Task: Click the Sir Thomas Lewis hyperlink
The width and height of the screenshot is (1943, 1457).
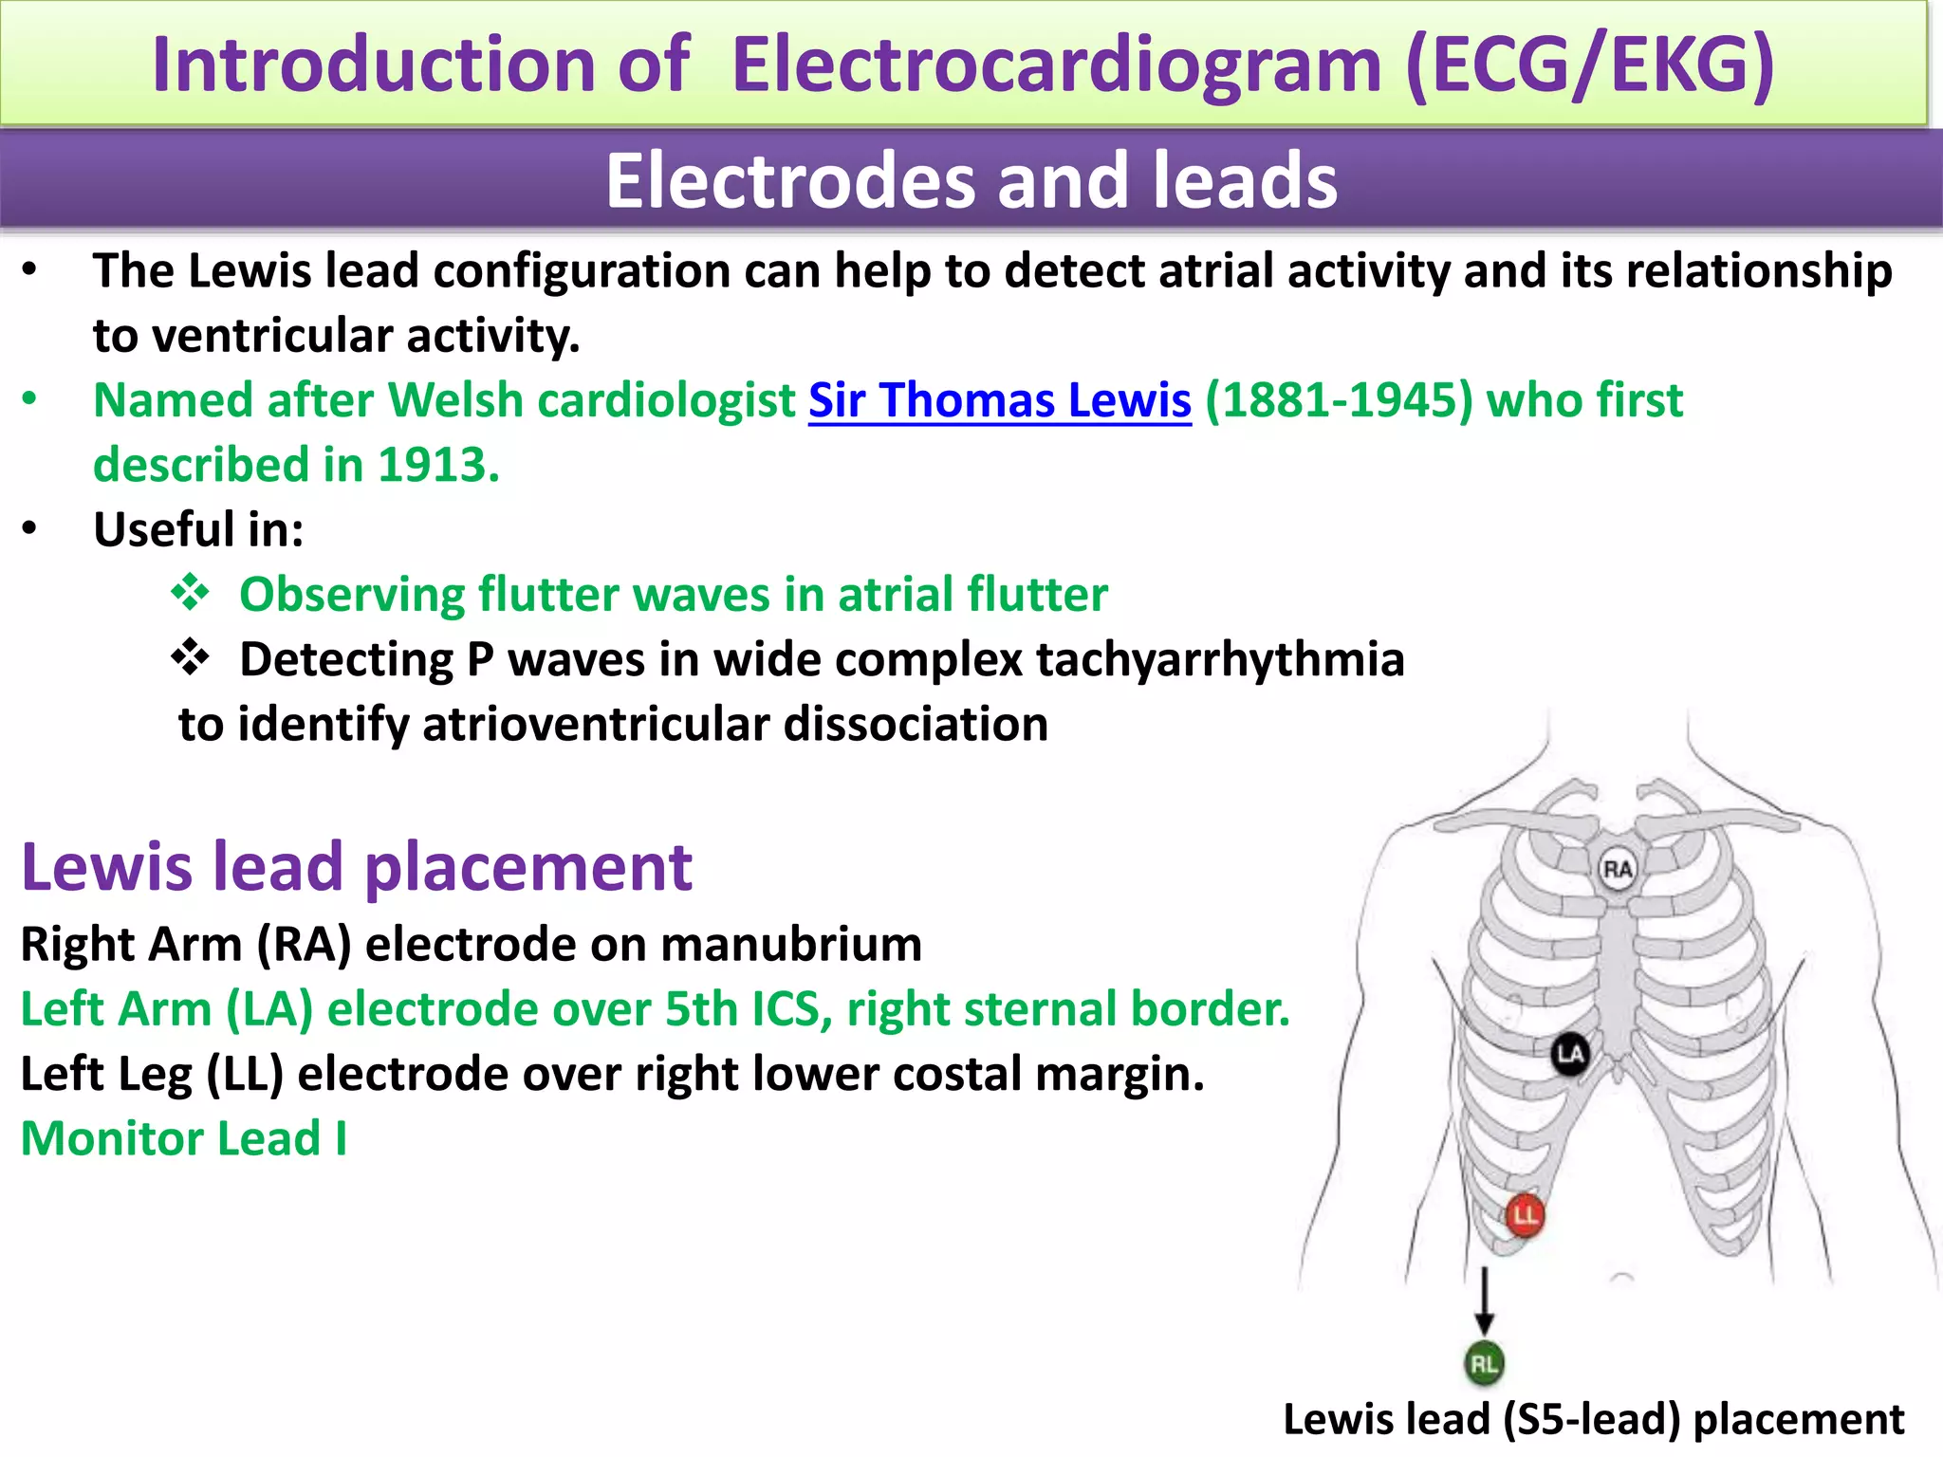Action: click(999, 400)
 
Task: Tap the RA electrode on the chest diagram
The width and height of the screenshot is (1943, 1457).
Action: click(1617, 869)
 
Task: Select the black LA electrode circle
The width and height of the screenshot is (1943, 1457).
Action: click(1570, 1054)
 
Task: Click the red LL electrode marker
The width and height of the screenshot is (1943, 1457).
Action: click(1525, 1215)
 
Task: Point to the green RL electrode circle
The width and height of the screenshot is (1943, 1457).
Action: click(1484, 1364)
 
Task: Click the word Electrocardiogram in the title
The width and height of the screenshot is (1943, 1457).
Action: click(1055, 65)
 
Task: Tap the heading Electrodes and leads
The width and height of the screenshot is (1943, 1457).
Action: click(971, 180)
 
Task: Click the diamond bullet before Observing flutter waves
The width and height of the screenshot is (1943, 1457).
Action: click(191, 593)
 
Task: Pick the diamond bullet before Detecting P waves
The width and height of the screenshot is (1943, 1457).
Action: click(191, 657)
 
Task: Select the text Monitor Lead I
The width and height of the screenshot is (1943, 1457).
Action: click(184, 1138)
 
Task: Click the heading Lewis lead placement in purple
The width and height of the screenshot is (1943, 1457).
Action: click(357, 867)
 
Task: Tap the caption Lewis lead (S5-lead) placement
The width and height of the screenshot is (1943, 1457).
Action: click(1593, 1420)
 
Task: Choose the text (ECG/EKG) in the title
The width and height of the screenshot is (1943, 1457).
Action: click(1589, 65)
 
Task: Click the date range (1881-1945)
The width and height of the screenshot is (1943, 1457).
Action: click(1339, 400)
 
